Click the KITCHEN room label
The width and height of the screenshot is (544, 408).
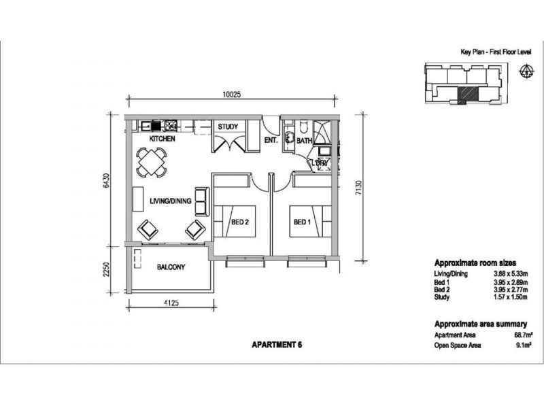[x=162, y=139]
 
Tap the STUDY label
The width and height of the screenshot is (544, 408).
[x=228, y=126]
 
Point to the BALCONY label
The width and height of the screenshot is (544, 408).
[x=171, y=267]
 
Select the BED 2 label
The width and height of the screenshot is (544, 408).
[x=240, y=222]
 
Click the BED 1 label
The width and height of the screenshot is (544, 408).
[x=302, y=222]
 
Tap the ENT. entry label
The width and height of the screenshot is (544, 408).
[x=271, y=141]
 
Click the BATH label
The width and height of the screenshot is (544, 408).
[x=304, y=141]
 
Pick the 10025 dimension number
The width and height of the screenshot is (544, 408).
[x=231, y=94]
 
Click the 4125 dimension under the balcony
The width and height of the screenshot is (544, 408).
[x=171, y=303]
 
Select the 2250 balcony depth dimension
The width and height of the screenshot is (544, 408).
[x=107, y=269]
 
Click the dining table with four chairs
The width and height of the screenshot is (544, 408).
[x=152, y=163]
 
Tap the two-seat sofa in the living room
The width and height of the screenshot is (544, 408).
[x=202, y=201]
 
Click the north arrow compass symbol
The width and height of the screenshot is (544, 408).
[x=526, y=71]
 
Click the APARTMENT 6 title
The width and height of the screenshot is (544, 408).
[x=277, y=345]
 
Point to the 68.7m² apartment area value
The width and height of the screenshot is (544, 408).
[x=523, y=335]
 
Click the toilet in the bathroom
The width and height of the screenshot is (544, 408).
[x=303, y=126]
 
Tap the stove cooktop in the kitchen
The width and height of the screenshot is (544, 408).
[x=171, y=125]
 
